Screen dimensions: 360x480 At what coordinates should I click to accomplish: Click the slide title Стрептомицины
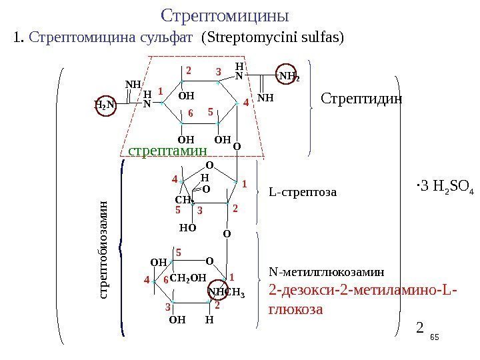point(225,15)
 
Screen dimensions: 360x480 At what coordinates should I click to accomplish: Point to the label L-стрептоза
point(303,193)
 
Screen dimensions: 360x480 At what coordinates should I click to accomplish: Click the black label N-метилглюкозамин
point(327,272)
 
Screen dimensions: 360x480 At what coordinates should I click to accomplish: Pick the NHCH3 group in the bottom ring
point(227,291)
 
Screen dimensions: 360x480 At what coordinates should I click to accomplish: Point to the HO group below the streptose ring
point(187,227)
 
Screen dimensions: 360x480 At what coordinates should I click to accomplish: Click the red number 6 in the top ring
point(190,114)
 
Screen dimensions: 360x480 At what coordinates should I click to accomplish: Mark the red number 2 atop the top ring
point(188,70)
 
